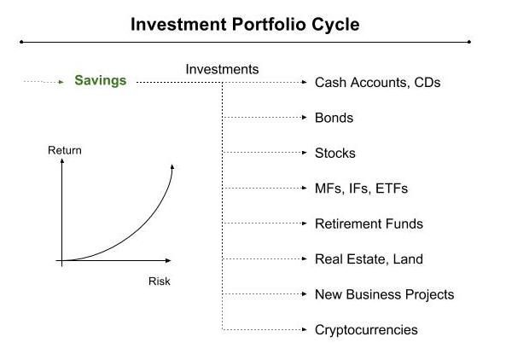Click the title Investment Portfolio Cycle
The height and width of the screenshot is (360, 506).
coord(245,24)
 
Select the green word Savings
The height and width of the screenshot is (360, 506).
coord(100,81)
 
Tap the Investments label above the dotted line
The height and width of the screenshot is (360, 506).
coord(222,69)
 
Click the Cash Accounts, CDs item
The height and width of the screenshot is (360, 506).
coord(377,83)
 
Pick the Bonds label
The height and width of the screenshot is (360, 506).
coord(334,118)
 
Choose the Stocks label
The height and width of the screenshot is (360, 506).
coord(334,154)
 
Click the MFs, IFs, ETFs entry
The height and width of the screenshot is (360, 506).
coord(362,189)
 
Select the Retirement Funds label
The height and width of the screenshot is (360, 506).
coord(369,224)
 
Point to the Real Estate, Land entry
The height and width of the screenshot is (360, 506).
coord(369,259)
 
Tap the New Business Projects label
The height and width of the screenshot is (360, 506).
coord(384,294)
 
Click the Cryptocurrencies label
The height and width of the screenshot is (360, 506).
coord(366,329)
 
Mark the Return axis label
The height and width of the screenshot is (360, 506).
coord(65,151)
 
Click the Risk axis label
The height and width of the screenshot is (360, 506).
coord(160,281)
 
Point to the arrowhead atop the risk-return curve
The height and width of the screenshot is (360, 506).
coord(172,166)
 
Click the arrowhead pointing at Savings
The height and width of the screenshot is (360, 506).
coord(61,82)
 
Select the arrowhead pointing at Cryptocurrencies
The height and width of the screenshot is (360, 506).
coord(304,329)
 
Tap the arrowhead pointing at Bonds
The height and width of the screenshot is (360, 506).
coord(304,118)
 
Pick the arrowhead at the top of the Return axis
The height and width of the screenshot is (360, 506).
coord(61,163)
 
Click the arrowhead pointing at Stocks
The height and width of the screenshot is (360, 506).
coord(304,154)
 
